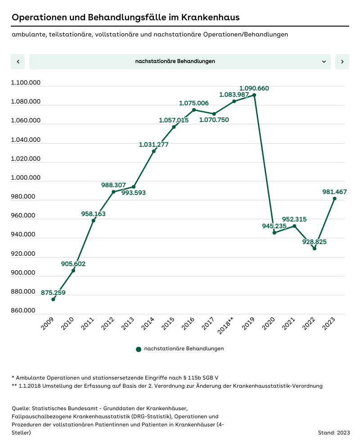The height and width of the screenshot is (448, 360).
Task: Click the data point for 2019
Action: (x=254, y=95)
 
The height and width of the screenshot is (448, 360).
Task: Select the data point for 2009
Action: (x=53, y=299)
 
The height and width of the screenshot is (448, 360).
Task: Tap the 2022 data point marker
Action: (x=315, y=249)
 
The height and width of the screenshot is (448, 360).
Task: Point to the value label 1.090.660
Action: (x=254, y=88)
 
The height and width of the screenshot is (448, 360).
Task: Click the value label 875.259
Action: (x=53, y=293)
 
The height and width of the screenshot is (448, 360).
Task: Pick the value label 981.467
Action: (x=334, y=192)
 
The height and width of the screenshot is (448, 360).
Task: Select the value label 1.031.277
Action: (x=154, y=145)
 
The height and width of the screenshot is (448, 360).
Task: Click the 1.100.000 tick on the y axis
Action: (x=26, y=83)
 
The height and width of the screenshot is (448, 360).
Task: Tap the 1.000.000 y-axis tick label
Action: (x=26, y=178)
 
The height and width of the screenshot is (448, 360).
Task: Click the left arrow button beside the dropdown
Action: (x=18, y=62)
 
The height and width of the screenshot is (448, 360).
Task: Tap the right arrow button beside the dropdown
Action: (x=342, y=62)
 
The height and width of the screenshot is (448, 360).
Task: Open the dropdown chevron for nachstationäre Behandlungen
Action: (x=324, y=62)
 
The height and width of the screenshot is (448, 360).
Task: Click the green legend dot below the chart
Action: (x=139, y=349)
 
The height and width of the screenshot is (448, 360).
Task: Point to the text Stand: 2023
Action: (x=333, y=433)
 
